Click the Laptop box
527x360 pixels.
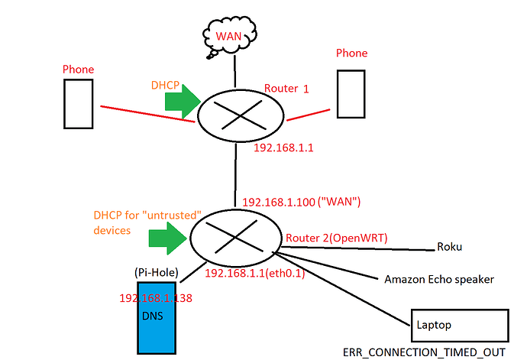click(459, 326)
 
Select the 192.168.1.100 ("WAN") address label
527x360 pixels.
click(301, 203)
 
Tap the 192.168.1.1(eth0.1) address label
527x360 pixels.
click(254, 273)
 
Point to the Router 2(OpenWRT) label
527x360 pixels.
click(335, 238)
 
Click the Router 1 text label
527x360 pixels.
click(287, 89)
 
